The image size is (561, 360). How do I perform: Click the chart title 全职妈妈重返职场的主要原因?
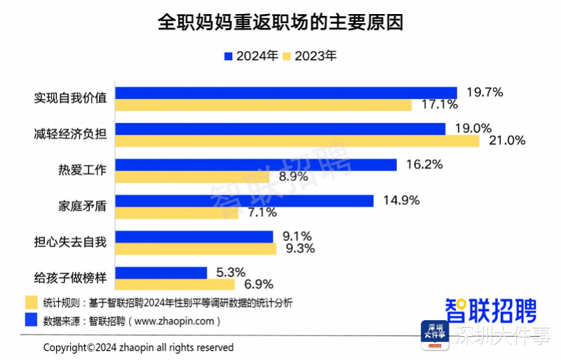280,22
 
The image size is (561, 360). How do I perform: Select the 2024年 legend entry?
250,56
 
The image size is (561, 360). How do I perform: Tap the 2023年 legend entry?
309,56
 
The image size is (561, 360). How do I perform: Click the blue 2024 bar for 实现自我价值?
285,93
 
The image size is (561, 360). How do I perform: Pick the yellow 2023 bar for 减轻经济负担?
297,140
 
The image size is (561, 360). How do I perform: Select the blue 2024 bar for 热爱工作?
255,165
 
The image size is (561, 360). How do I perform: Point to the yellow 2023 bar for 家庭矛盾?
176,212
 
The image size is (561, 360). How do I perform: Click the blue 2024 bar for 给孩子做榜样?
161,272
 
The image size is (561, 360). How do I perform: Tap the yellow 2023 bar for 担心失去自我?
196,248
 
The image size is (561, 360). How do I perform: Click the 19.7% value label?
484,92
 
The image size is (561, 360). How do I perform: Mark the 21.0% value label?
506,140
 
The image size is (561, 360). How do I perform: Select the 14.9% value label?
401,201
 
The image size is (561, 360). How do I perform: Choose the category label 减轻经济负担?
70,134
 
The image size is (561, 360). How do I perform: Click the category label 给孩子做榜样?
70,279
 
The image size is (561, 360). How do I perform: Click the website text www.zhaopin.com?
175,321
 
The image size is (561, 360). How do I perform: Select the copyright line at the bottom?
139,347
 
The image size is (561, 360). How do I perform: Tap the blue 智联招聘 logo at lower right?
491,309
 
